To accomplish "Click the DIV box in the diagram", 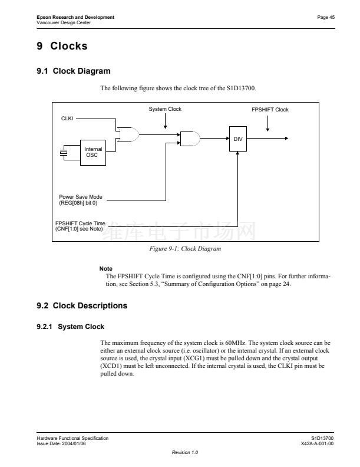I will pyautogui.click(x=238, y=138).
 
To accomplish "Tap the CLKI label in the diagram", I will pyautogui.click(x=67, y=119).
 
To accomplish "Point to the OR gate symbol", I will pyautogui.click(x=128, y=135).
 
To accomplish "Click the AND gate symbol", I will pyautogui.click(x=190, y=139).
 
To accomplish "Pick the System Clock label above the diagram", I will pyautogui.click(x=165, y=109).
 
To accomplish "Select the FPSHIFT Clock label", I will pyautogui.click(x=270, y=110).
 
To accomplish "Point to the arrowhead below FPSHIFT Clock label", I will pyautogui.click(x=268, y=129).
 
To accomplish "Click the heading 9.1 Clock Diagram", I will pyautogui.click(x=73, y=71).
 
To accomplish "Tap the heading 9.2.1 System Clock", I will pyautogui.click(x=71, y=327).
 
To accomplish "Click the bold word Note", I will pyautogui.click(x=106, y=269).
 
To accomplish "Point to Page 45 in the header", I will pyautogui.click(x=326, y=17).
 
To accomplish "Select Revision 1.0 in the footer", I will pyautogui.click(x=185, y=452).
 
